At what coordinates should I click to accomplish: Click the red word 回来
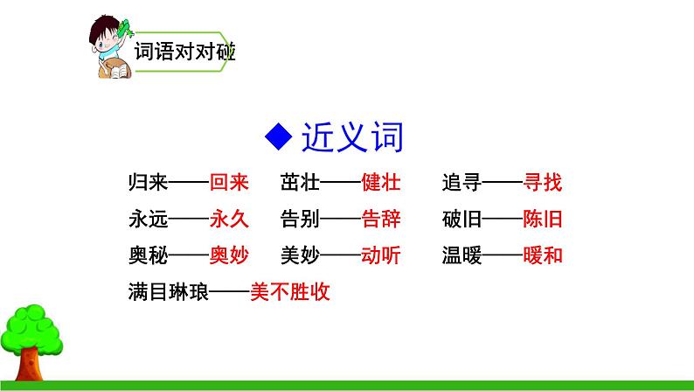pos(229,183)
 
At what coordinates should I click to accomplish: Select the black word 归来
pos(145,183)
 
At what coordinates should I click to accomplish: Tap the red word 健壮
pos(379,183)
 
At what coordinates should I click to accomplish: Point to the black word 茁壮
pos(300,183)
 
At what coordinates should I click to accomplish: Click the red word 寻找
pos(542,183)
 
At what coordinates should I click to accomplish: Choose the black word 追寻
pos(462,183)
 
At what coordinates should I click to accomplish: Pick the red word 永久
pos(229,219)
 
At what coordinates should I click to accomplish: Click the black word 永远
pos(145,219)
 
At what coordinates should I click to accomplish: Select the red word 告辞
pos(379,219)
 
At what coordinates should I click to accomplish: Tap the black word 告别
pos(300,219)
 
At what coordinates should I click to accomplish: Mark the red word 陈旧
pos(542,219)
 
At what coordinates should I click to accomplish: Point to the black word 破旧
pos(462,219)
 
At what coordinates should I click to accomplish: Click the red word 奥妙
pos(229,255)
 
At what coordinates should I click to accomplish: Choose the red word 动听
pos(379,255)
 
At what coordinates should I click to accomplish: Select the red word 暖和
pos(542,255)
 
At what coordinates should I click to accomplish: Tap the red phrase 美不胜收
pos(289,291)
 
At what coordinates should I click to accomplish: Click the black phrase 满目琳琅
pos(166,291)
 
